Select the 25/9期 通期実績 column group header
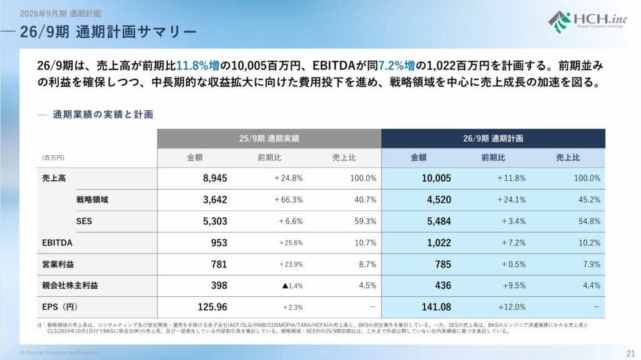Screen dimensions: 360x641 point(269,138)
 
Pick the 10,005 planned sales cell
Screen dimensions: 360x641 point(436,178)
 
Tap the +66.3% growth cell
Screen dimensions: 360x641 point(288,200)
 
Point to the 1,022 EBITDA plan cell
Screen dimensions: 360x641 point(438,243)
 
